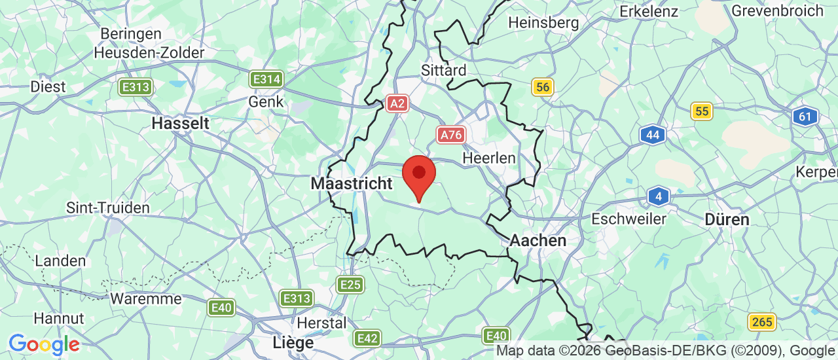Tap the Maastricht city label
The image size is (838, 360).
click(x=352, y=184)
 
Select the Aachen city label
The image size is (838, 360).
click(x=537, y=241)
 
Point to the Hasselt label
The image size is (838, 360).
click(x=180, y=123)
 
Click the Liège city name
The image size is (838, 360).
click(x=293, y=342)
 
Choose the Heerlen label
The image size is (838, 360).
click(x=489, y=158)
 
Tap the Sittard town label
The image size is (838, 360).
click(x=444, y=71)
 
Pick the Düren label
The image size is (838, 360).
click(x=727, y=220)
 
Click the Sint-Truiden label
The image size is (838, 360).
click(x=108, y=208)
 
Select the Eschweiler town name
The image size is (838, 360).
click(x=628, y=219)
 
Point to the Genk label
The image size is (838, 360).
click(x=266, y=102)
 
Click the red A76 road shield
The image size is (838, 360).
click(x=451, y=135)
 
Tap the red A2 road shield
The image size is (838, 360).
click(x=397, y=103)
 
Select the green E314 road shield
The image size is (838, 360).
click(x=266, y=80)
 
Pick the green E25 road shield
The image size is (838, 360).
click(x=350, y=284)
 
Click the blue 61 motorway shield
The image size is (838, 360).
click(x=805, y=117)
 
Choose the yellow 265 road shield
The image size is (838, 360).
click(x=762, y=322)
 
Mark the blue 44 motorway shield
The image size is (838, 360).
click(x=652, y=135)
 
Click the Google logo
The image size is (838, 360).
click(x=44, y=344)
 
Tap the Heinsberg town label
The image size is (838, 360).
click(x=543, y=23)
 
